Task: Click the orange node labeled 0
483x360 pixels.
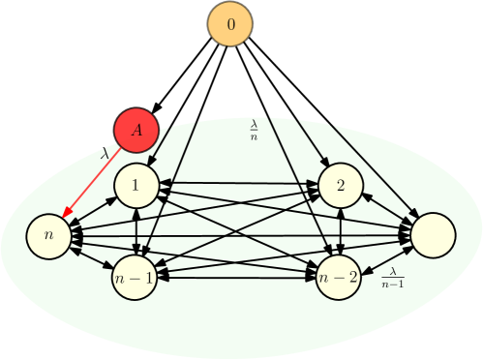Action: pyautogui.click(x=229, y=23)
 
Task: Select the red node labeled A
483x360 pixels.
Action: pyautogui.click(x=136, y=130)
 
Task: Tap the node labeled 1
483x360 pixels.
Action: pyautogui.click(x=136, y=184)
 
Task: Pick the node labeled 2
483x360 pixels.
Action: pyautogui.click(x=340, y=185)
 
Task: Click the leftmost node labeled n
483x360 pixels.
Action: pyautogui.click(x=48, y=236)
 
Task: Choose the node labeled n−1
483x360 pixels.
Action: pyautogui.click(x=135, y=277)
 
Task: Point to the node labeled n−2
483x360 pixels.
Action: pyautogui.click(x=339, y=277)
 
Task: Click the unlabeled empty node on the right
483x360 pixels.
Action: pyautogui.click(x=433, y=235)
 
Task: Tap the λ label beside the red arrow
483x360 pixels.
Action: pyautogui.click(x=105, y=153)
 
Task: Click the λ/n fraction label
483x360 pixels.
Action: pyautogui.click(x=255, y=131)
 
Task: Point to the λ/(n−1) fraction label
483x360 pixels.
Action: pyautogui.click(x=392, y=278)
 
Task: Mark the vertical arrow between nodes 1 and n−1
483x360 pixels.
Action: pyautogui.click(x=136, y=230)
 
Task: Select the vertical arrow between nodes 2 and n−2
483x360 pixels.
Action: pyautogui.click(x=340, y=230)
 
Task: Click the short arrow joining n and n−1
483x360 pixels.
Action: pyautogui.click(x=91, y=256)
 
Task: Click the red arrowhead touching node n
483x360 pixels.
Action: pyautogui.click(x=65, y=216)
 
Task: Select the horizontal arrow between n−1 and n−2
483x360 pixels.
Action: pyautogui.click(x=236, y=278)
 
